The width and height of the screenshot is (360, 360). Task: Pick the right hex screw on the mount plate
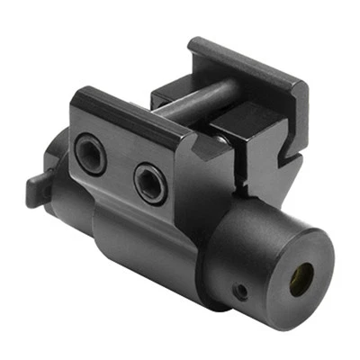(149, 183)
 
